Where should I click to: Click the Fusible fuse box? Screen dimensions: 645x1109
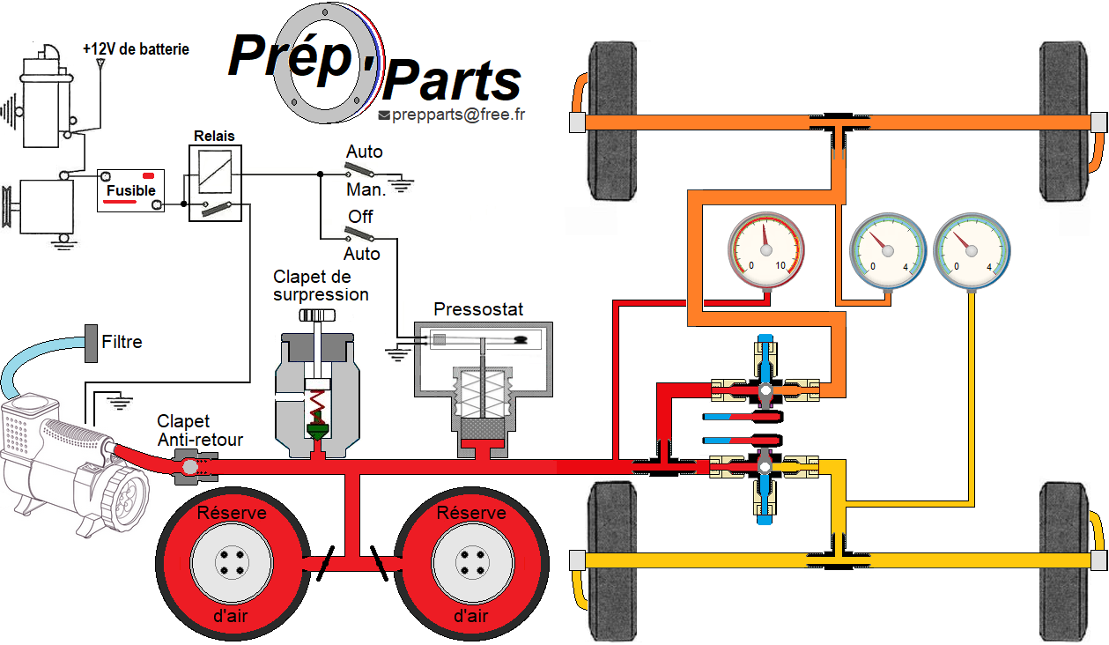pyautogui.click(x=130, y=189)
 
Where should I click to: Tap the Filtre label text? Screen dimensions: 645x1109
pyautogui.click(x=122, y=342)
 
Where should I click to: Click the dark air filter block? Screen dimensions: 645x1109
pyautogui.click(x=90, y=343)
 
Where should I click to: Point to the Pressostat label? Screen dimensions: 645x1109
pyautogui.click(x=478, y=309)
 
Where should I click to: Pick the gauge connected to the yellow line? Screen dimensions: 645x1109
pyautogui.click(x=972, y=254)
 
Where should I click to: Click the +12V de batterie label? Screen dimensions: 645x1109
pyautogui.click(x=136, y=49)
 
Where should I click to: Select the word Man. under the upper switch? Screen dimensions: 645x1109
pyautogui.click(x=366, y=189)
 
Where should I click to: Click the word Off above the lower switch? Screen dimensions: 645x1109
pyautogui.click(x=360, y=217)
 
